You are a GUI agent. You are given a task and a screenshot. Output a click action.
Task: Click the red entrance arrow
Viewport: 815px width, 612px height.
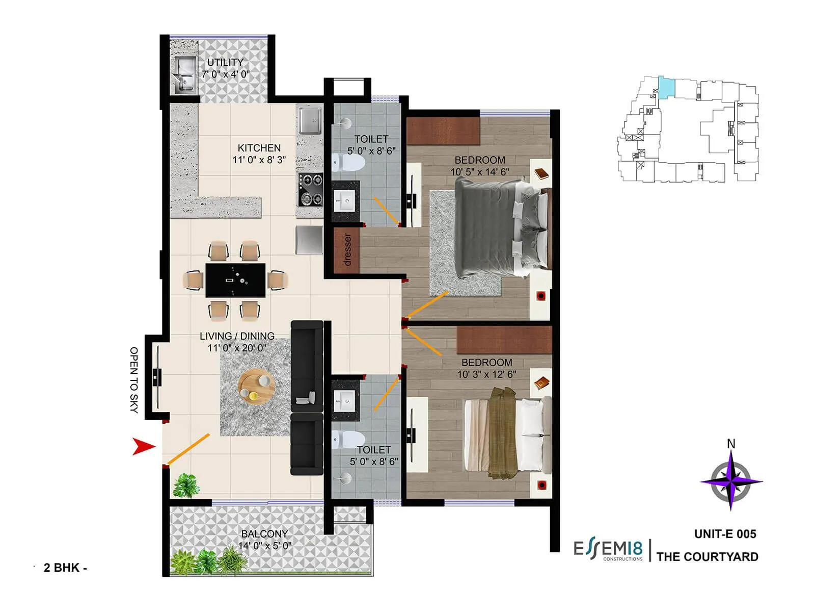[x=143, y=446]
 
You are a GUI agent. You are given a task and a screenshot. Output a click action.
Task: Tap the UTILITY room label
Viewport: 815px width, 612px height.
[x=225, y=62]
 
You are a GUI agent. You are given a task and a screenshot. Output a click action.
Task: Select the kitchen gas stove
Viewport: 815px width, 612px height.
[x=310, y=189]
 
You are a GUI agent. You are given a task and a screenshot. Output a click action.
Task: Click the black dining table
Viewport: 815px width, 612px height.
[x=235, y=280]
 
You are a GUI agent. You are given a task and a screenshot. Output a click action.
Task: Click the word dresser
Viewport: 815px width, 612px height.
[x=347, y=249]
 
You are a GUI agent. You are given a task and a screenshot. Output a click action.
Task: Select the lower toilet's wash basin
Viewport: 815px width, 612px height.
[x=345, y=401]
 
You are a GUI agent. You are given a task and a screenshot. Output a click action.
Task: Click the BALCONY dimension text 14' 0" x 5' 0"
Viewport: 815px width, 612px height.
[x=265, y=546]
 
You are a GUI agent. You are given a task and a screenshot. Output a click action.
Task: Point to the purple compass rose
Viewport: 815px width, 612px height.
[x=731, y=481]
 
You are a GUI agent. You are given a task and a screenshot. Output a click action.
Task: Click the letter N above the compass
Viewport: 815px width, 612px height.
[x=731, y=444]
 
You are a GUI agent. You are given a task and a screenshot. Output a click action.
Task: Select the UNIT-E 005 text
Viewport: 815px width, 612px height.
[x=725, y=534]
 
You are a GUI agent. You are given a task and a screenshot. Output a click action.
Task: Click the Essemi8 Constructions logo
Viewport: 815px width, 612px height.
[x=608, y=550]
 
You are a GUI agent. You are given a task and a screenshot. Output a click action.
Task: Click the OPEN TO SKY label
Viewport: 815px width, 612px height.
[x=134, y=379]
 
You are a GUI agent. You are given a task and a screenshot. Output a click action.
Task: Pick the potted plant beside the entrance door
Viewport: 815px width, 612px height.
[x=185, y=486]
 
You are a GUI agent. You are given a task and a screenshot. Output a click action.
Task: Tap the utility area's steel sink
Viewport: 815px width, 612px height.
[x=184, y=75]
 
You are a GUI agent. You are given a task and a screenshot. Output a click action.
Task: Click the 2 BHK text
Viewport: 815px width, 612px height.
[x=62, y=568]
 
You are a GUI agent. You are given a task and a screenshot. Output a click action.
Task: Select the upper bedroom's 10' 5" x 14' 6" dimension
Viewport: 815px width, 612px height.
[x=479, y=172]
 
